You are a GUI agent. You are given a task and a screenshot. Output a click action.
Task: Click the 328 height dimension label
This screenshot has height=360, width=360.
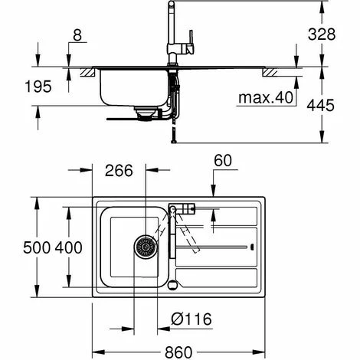pyautogui.click(x=322, y=34)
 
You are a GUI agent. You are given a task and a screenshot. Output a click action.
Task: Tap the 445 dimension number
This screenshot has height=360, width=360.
pyautogui.click(x=320, y=105)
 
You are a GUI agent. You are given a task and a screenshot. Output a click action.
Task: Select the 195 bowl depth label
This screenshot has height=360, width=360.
pyautogui.click(x=38, y=87)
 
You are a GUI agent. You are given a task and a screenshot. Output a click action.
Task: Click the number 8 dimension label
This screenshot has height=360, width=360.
pyautogui.click(x=77, y=35)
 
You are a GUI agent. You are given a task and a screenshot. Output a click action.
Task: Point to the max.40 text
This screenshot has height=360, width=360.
pyautogui.click(x=266, y=97)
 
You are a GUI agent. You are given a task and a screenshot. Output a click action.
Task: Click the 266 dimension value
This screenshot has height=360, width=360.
pyautogui.click(x=119, y=170)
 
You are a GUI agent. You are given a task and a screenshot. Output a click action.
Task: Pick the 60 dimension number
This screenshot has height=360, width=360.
pyautogui.click(x=223, y=161)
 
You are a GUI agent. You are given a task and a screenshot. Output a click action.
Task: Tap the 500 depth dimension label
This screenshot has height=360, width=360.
pyautogui.click(x=37, y=247)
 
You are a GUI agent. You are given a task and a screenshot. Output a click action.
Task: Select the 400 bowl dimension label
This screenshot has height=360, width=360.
pyautogui.click(x=69, y=247)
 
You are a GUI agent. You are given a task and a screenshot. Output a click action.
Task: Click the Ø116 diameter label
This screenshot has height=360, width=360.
pyautogui.click(x=191, y=319)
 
